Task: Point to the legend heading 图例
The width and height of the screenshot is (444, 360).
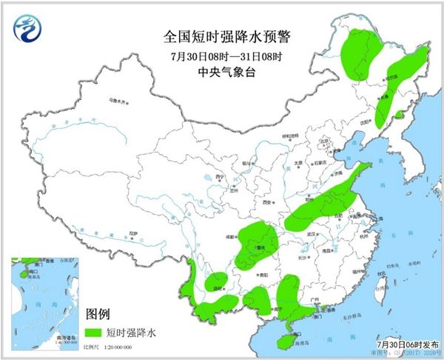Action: click(x=98, y=314)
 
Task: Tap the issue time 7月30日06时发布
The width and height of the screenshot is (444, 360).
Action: click(x=406, y=345)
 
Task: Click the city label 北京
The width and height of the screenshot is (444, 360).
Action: click(x=323, y=139)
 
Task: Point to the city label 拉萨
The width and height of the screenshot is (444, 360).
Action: click(x=132, y=233)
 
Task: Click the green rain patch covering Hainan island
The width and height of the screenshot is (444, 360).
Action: click(x=283, y=340)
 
